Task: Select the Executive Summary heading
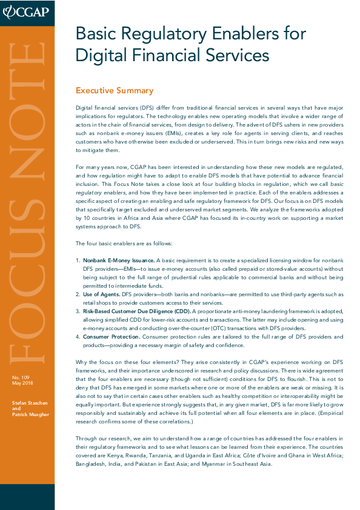pyautogui.click(x=114, y=91)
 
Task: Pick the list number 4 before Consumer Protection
pyautogui.click(x=78, y=336)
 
